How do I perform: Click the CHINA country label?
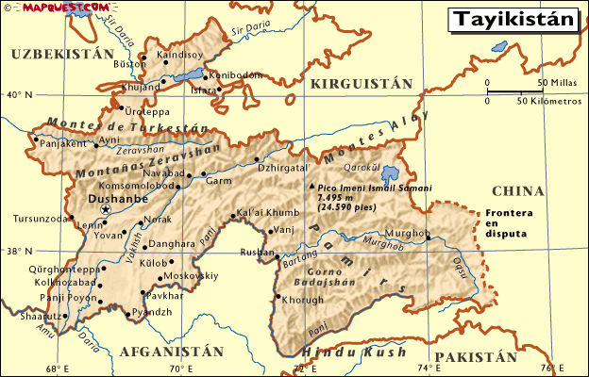point(518,190)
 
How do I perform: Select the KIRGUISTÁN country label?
point(362,84)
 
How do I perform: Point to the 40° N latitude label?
point(18,95)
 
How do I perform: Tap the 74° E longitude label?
point(429,369)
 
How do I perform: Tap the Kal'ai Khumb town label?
point(267,212)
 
